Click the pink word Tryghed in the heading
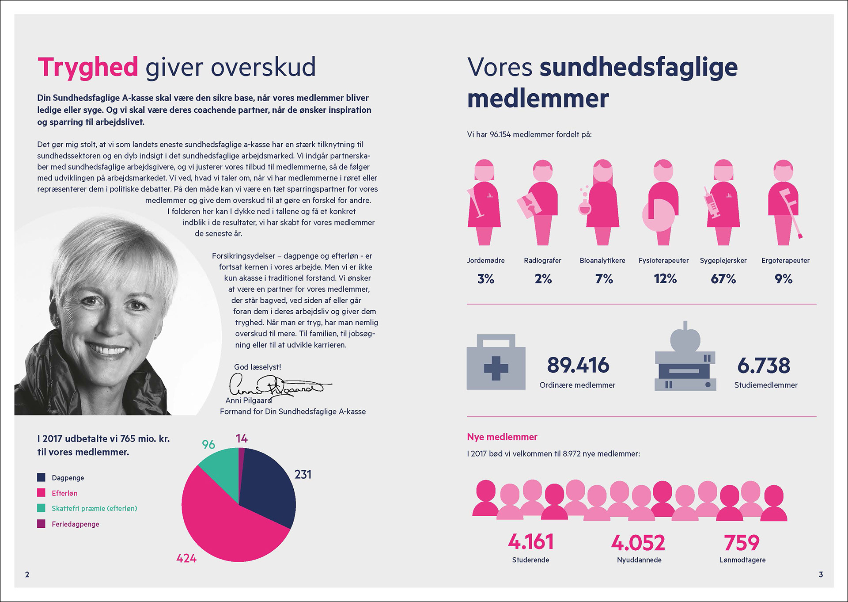(x=88, y=67)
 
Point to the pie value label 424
(x=186, y=558)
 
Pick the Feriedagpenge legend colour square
(x=41, y=524)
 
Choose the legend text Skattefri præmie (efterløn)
(x=95, y=508)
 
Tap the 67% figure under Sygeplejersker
(x=723, y=279)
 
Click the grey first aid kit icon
(x=496, y=362)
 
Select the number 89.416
(x=578, y=365)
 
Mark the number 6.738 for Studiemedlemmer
(x=764, y=366)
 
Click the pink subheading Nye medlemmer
(x=502, y=437)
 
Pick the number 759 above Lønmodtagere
(x=742, y=542)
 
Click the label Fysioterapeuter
(x=663, y=260)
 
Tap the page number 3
(x=821, y=574)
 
